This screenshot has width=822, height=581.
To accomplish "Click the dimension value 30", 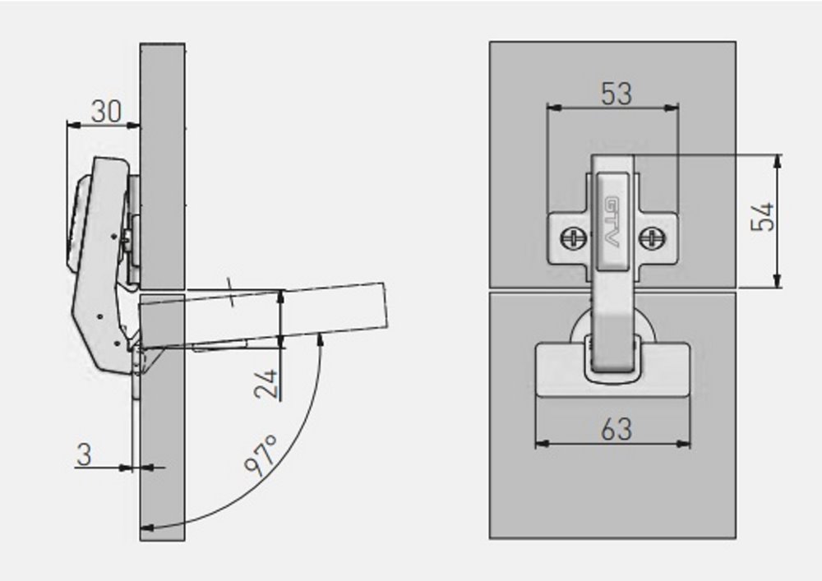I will [105, 111].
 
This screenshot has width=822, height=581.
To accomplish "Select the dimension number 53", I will [616, 94].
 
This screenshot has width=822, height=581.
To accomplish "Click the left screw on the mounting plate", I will [572, 238].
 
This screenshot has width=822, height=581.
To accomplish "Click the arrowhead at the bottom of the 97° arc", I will [149, 527].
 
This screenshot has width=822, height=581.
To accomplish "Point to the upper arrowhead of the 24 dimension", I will [280, 295].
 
